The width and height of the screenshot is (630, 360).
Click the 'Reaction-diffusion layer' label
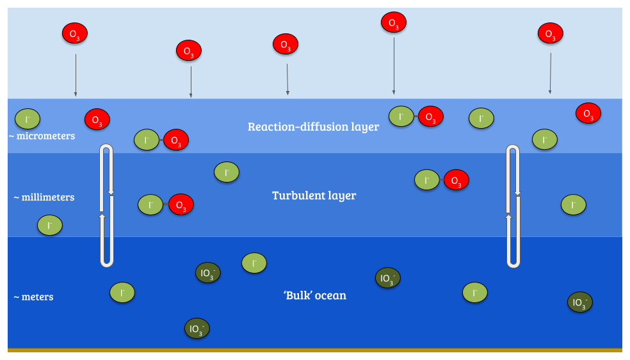coord(313,127)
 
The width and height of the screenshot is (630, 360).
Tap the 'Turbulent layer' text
coord(314,195)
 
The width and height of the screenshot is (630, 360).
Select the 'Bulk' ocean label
coord(314,295)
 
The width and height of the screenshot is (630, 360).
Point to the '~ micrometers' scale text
coord(42,136)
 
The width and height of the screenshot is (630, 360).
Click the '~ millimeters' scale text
coord(44,197)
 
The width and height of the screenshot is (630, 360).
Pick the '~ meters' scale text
coord(33,297)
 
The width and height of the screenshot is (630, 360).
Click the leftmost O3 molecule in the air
coord(74,33)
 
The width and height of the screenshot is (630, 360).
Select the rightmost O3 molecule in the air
coord(550,33)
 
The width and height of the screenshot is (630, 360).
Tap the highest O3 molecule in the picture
coord(393,23)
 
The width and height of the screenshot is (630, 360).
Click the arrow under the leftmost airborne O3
coord(76,75)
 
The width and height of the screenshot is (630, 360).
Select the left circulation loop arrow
coord(107,206)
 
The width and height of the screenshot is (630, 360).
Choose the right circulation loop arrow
coord(513,206)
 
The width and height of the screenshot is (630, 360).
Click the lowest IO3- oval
coord(197,329)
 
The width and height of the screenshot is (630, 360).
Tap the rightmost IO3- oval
coord(579,302)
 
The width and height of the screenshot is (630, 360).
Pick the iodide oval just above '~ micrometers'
coord(28,119)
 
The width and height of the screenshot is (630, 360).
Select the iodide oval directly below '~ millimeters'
coord(49,225)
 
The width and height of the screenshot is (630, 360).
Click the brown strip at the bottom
coord(314,350)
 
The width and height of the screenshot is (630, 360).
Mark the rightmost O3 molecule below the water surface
coord(588,113)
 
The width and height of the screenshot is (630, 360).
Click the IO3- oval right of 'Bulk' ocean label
coord(387,278)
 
